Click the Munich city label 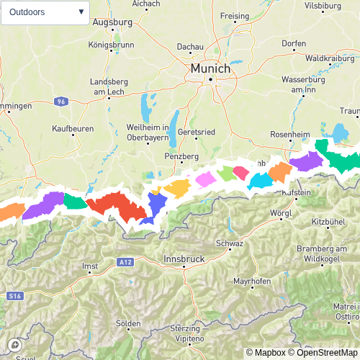click(210, 68)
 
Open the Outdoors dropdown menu click(46, 12)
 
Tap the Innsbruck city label click(185, 258)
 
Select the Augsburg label click(113, 22)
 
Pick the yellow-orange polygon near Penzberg click(176, 188)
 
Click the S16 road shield click(15, 296)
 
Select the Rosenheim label click(289, 135)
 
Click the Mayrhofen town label click(251, 280)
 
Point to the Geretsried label click(197, 132)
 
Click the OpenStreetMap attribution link click(325, 352)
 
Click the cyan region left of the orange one click(259, 181)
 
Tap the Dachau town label click(190, 47)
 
